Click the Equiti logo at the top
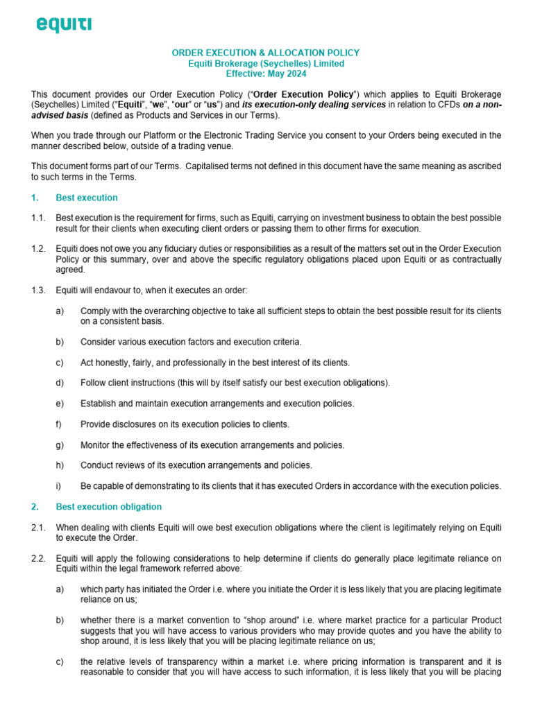pyautogui.click(x=64, y=26)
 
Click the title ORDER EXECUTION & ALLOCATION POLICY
pyautogui.click(x=266, y=53)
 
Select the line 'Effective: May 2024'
pyautogui.click(x=266, y=73)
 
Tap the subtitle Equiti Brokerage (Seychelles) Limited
pyautogui.click(x=266, y=63)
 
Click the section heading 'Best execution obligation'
pyautogui.click(x=109, y=507)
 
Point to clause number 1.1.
pyautogui.click(x=38, y=218)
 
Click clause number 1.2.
pyautogui.click(x=38, y=249)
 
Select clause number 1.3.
pyautogui.click(x=38, y=290)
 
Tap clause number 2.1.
pyautogui.click(x=38, y=528)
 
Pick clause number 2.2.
pyautogui.click(x=38, y=559)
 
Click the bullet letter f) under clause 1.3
pyautogui.click(x=60, y=424)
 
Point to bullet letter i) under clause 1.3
pyautogui.click(x=59, y=485)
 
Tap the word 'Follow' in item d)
pyautogui.click(x=94, y=383)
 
